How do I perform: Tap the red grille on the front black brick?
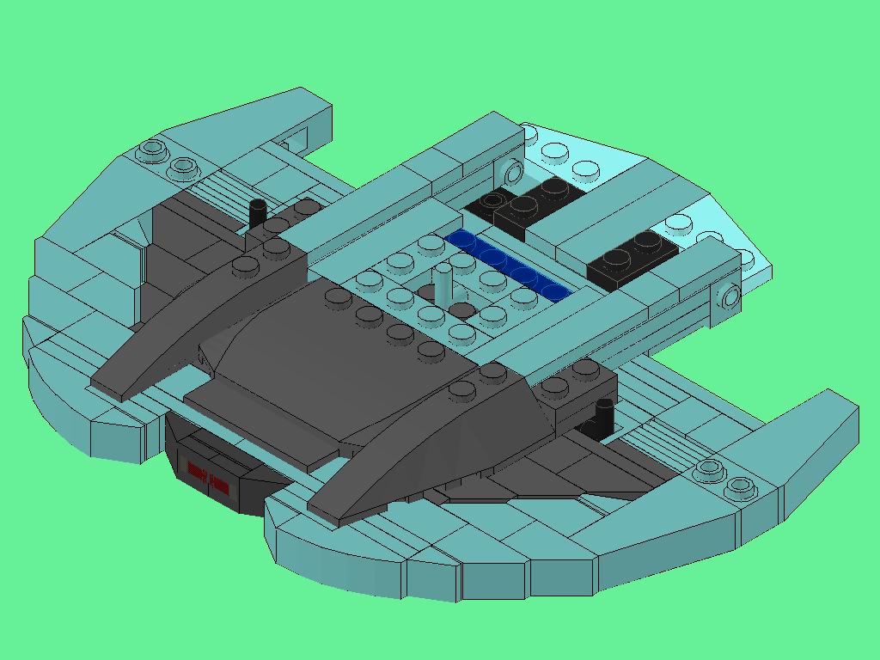[208, 477]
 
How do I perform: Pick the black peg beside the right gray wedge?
[602, 416]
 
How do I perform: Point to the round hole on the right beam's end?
[731, 297]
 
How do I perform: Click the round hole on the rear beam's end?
[514, 173]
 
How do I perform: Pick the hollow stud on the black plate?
[492, 201]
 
